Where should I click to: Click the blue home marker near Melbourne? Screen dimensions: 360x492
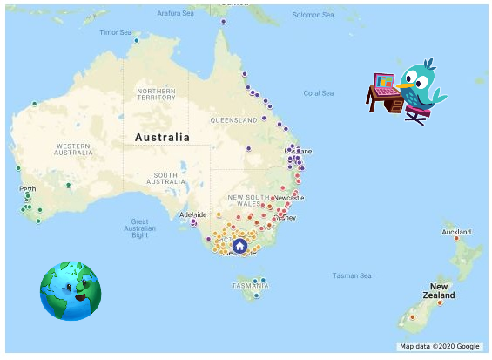click(240, 247)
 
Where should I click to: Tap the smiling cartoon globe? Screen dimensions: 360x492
click(70, 290)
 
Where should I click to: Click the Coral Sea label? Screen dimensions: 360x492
click(318, 93)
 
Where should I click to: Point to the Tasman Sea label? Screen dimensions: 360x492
click(352, 276)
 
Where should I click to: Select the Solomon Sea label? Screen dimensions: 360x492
click(313, 14)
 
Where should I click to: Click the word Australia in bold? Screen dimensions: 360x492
click(162, 138)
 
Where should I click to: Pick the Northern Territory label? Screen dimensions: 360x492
click(156, 94)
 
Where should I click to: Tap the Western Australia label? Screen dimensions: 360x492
click(73, 149)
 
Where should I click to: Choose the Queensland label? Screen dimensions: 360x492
click(234, 119)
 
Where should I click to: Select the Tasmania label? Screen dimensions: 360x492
click(251, 285)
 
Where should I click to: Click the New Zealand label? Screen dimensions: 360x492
click(440, 290)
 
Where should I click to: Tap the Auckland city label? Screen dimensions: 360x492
click(456, 232)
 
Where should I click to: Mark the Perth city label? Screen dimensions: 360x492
click(28, 189)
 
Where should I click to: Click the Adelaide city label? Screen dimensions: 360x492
click(192, 214)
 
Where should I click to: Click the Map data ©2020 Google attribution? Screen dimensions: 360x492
click(440, 346)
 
